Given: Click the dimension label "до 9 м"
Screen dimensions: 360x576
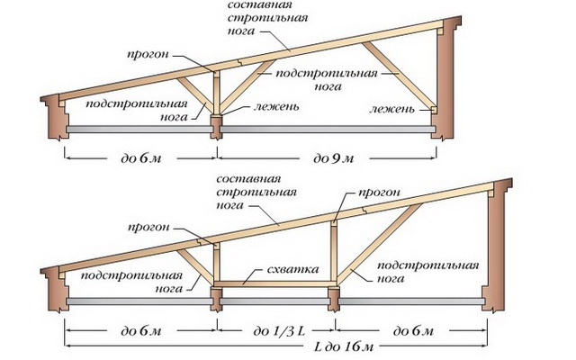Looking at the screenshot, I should [332, 158].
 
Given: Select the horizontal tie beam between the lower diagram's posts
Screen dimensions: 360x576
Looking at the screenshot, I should [275, 283].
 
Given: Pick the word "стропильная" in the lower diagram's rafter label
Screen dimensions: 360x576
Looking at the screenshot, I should [248, 191].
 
